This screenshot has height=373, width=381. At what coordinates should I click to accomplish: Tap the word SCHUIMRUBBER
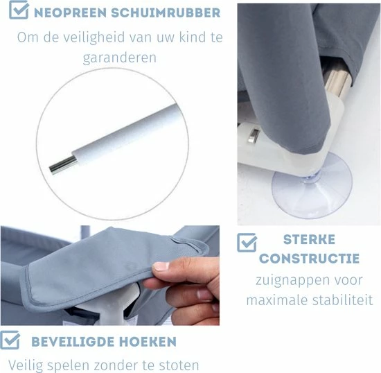click(x=166, y=13)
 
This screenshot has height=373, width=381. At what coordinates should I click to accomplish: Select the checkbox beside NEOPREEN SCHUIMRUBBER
click(x=19, y=10)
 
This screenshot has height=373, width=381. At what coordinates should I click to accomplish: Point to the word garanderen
click(x=120, y=58)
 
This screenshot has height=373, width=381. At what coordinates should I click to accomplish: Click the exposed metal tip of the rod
click(x=63, y=165)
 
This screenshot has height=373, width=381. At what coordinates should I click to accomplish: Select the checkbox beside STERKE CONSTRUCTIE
click(x=247, y=243)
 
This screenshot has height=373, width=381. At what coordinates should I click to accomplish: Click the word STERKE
click(x=310, y=240)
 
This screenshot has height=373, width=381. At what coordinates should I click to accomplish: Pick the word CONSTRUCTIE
click(x=310, y=259)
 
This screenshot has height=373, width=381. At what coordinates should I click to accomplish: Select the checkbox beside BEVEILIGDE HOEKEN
click(x=10, y=340)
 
